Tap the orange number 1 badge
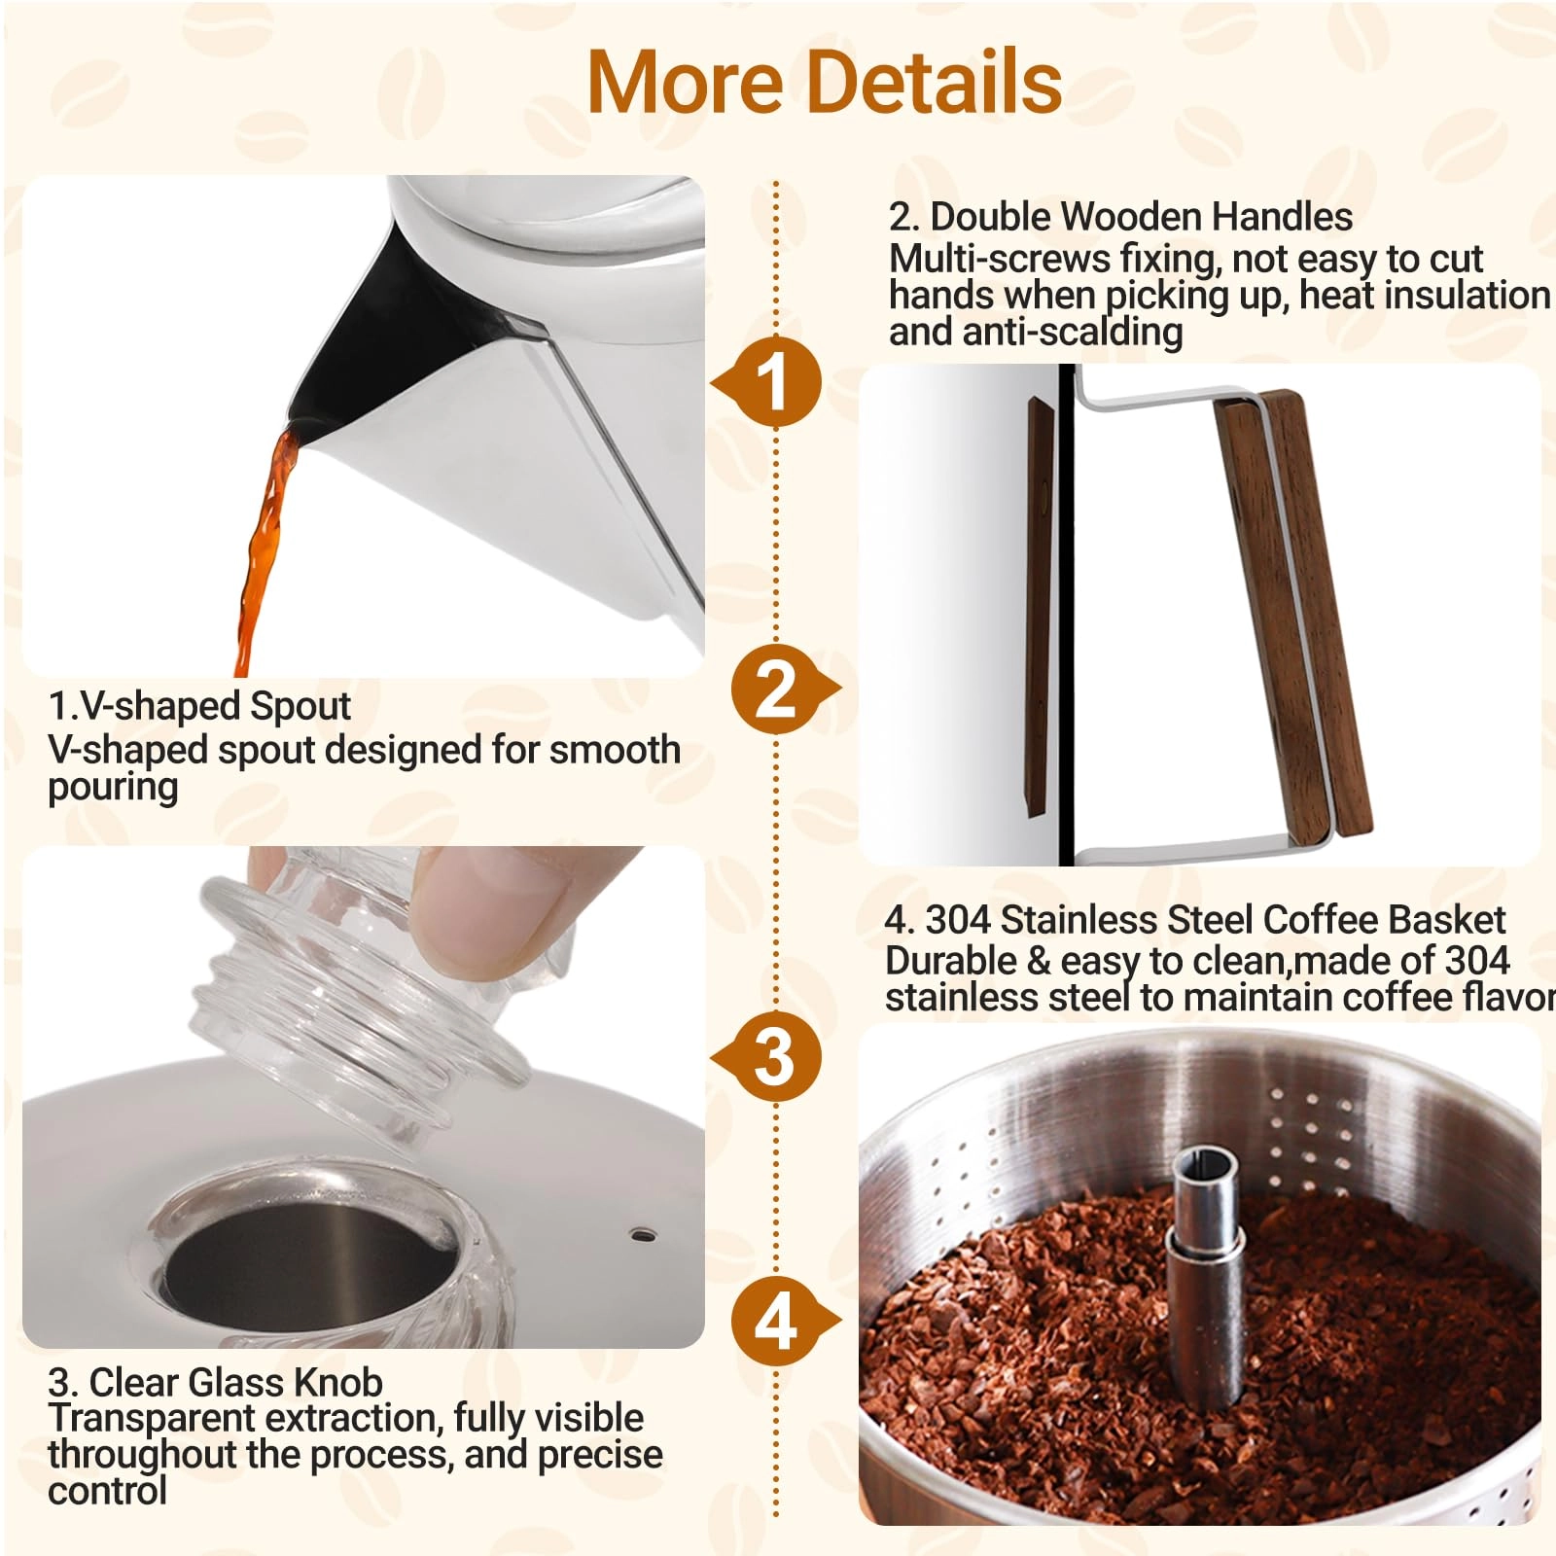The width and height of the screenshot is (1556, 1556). (x=775, y=381)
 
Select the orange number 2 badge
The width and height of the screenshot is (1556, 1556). (x=775, y=689)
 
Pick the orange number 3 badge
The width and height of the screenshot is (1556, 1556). (x=775, y=1057)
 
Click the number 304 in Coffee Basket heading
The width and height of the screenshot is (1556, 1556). (x=957, y=919)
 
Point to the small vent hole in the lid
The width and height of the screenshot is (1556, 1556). (x=642, y=1235)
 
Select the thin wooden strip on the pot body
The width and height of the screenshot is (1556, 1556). (x=1039, y=603)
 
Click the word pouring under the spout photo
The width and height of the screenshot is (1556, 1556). (x=113, y=788)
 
